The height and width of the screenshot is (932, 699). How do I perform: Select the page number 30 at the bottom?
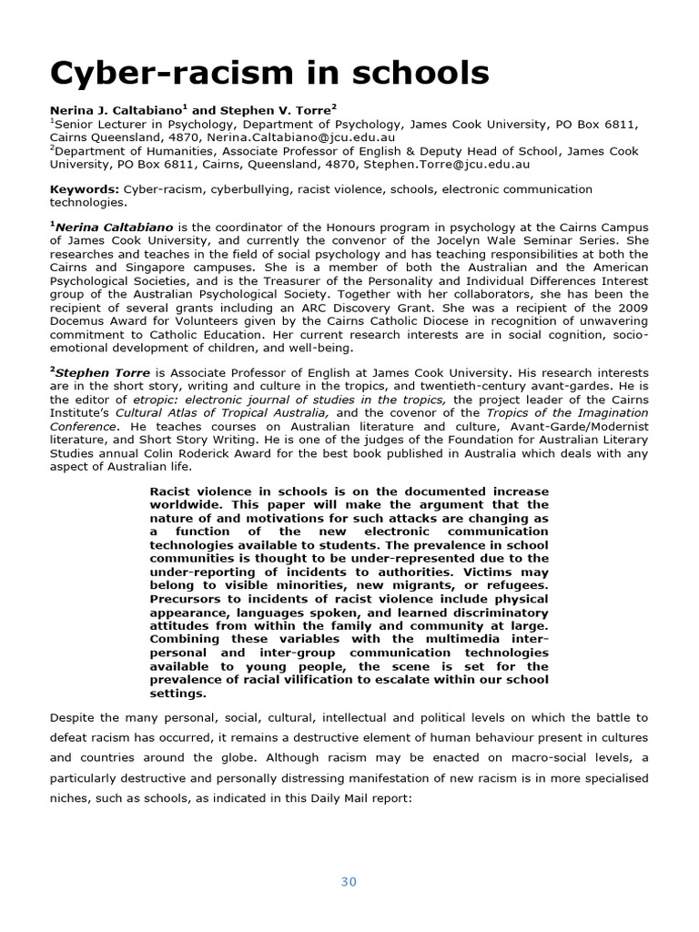349,881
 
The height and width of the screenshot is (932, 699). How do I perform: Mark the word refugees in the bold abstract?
518,585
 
